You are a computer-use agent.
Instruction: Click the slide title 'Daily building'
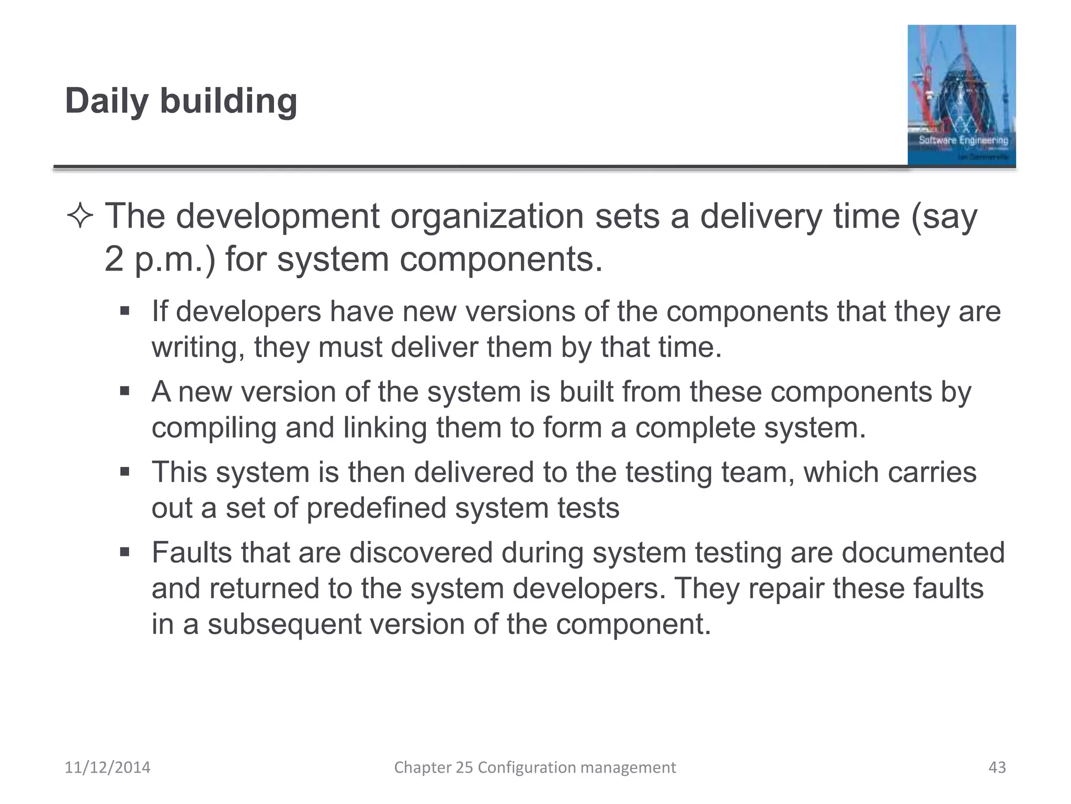181,100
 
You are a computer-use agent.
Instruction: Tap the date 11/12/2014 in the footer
107,767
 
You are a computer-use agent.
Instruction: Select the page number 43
997,767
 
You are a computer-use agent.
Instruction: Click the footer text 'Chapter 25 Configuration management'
534,767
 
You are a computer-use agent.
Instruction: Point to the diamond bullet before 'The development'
80,217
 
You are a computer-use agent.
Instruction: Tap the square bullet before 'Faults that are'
124,552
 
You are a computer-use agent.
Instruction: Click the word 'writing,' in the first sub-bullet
198,348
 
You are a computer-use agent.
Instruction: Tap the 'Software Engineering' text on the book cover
963,140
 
